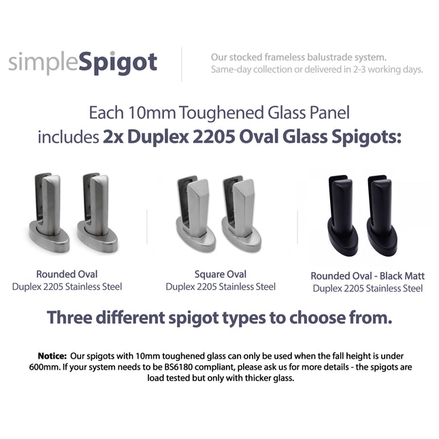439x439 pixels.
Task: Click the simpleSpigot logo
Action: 82,63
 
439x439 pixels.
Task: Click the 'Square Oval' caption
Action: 221,274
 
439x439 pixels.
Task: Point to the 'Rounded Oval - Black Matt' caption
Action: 368,276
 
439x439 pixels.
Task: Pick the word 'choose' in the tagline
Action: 331,318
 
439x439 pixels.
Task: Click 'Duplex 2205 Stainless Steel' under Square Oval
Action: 221,287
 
